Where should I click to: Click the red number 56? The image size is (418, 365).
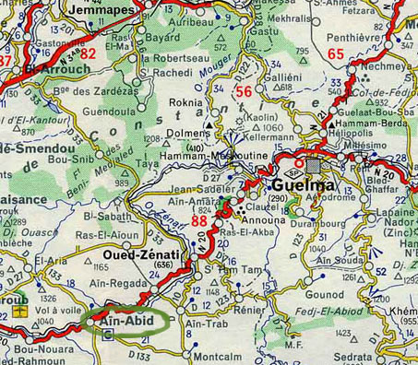point(244,91)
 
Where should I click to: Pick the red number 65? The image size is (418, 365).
point(335,55)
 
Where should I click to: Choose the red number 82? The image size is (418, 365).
point(88,53)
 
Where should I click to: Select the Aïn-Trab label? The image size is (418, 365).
point(201,325)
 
